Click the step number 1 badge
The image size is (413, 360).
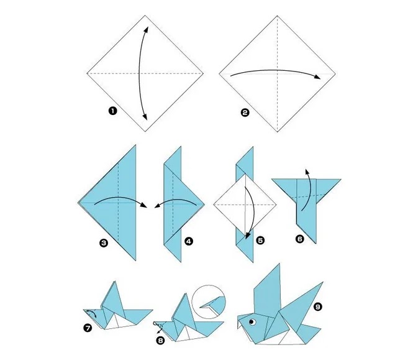click(x=113, y=111)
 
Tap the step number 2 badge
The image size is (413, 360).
click(x=245, y=113)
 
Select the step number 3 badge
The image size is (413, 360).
click(x=104, y=242)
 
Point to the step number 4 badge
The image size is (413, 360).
click(x=189, y=241)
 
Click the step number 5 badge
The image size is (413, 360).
click(x=260, y=240)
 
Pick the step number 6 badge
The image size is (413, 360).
click(x=300, y=239)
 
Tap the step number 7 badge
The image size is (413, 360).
click(x=88, y=328)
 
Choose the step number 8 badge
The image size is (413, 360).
click(x=160, y=341)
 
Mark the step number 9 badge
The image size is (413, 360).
click(x=318, y=307)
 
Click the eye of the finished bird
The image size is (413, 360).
click(x=253, y=321)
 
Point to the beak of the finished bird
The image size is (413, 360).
click(x=240, y=321)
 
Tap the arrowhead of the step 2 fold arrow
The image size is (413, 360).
click(x=317, y=76)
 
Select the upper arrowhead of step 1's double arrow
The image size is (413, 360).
click(x=147, y=30)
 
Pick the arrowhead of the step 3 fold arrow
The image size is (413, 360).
click(x=143, y=205)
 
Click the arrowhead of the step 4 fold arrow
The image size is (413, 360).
click(x=158, y=206)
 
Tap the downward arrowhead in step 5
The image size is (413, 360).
click(x=247, y=236)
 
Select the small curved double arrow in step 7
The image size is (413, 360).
click(x=92, y=313)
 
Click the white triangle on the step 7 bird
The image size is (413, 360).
click(x=114, y=321)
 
